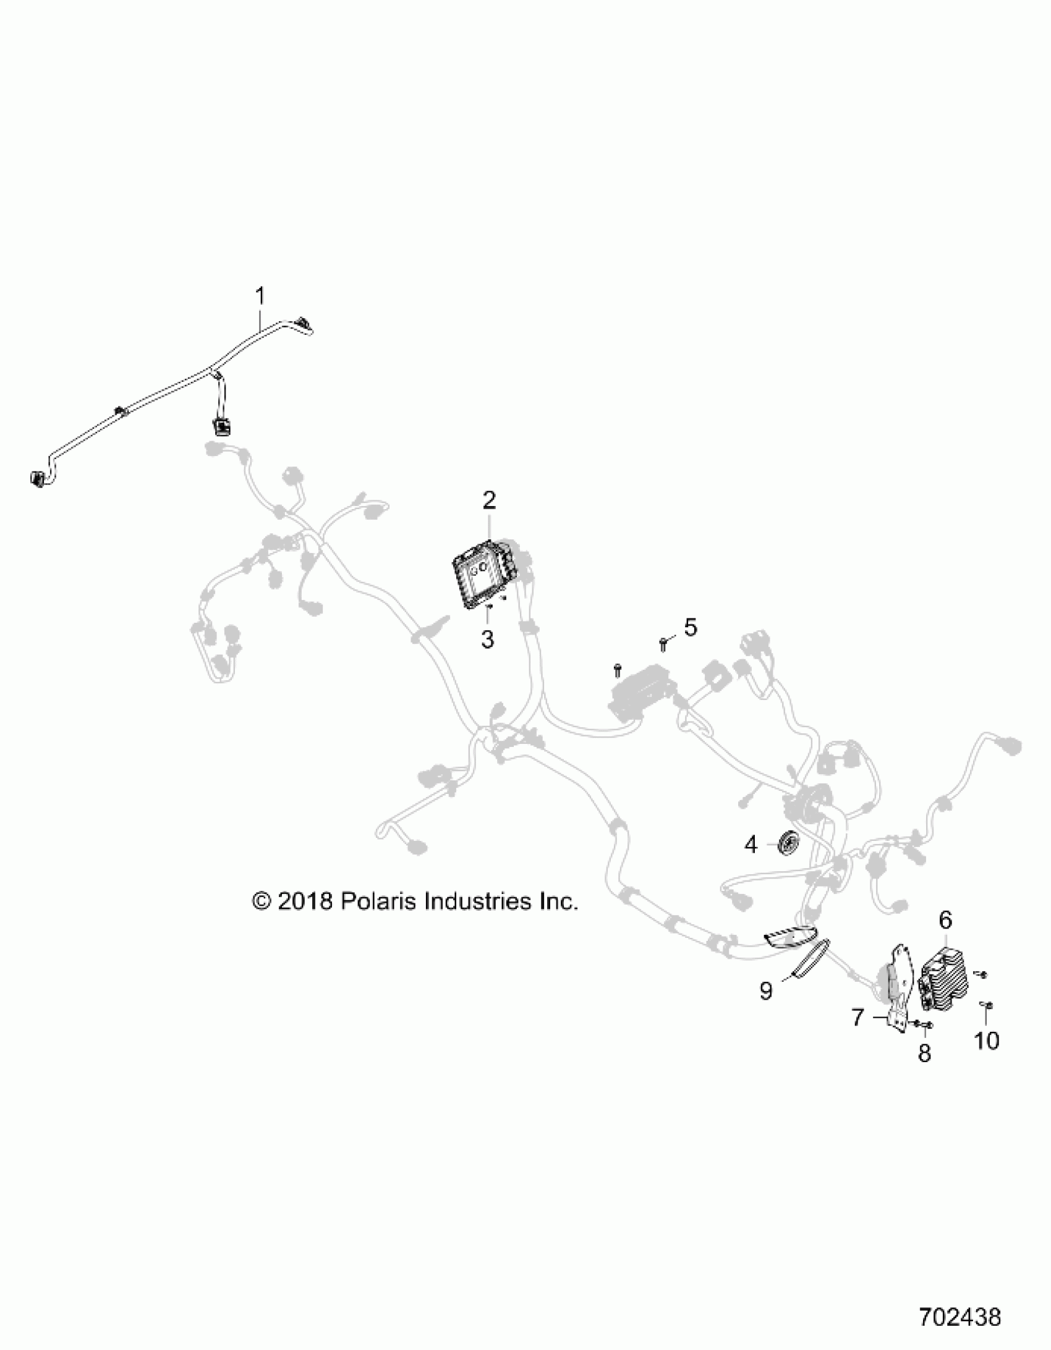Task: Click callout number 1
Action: tap(260, 296)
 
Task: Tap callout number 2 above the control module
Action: tap(489, 500)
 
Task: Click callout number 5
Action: tap(691, 627)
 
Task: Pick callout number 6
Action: tap(945, 937)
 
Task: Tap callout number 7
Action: tap(858, 1017)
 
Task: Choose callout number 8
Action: tap(924, 1053)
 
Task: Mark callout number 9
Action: tap(766, 991)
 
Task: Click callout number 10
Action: tap(987, 1041)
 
